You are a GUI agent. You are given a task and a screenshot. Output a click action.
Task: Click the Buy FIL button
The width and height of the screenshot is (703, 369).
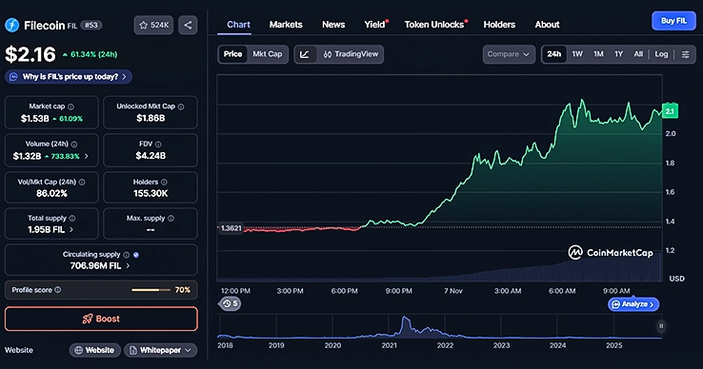tap(673, 21)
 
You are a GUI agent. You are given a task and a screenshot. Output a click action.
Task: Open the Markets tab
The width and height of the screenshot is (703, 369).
tap(286, 24)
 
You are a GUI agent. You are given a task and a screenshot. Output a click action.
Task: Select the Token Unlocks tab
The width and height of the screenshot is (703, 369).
tap(435, 24)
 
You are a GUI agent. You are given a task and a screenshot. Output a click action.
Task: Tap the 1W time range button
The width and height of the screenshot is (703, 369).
tap(577, 54)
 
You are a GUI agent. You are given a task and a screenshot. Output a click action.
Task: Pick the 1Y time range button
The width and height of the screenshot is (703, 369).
tap(618, 54)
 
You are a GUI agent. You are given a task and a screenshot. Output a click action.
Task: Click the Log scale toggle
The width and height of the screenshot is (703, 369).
tap(661, 54)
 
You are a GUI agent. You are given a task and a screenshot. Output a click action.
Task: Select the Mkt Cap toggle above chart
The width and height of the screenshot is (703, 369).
tap(268, 54)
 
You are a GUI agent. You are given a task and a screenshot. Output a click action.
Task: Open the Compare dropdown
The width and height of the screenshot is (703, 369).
tap(509, 54)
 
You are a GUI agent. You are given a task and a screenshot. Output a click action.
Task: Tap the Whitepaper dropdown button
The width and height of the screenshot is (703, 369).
tap(161, 350)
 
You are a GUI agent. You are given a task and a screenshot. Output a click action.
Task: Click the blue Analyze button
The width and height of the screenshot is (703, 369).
tap(633, 304)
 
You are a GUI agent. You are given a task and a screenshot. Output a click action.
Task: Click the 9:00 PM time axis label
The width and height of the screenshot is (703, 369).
tap(400, 290)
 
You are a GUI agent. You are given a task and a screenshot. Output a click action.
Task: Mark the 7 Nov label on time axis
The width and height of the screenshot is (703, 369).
tap(454, 290)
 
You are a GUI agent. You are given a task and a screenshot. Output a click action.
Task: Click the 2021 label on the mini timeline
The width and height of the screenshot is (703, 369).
tap(389, 345)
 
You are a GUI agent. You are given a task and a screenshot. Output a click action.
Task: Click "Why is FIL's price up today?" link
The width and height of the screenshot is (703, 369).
tap(69, 76)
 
